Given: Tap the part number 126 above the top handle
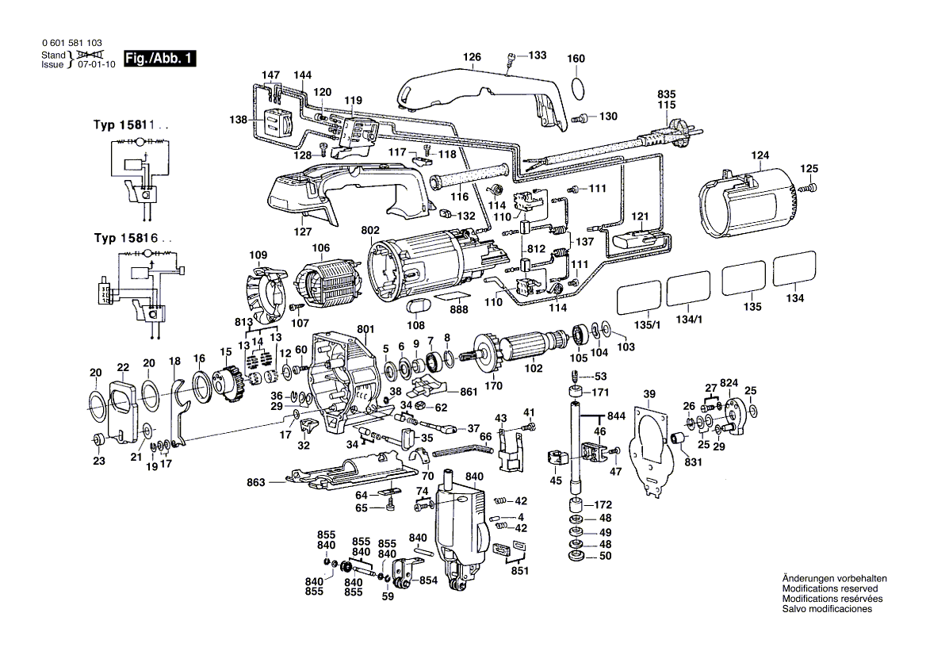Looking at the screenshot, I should point(473,57).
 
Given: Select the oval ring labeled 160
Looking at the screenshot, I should point(579,86).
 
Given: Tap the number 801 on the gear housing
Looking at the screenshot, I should point(365,328).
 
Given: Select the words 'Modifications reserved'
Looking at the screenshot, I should point(829,589).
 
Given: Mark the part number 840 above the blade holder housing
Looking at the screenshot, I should point(474,476).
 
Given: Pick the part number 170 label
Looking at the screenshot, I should point(493,387).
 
